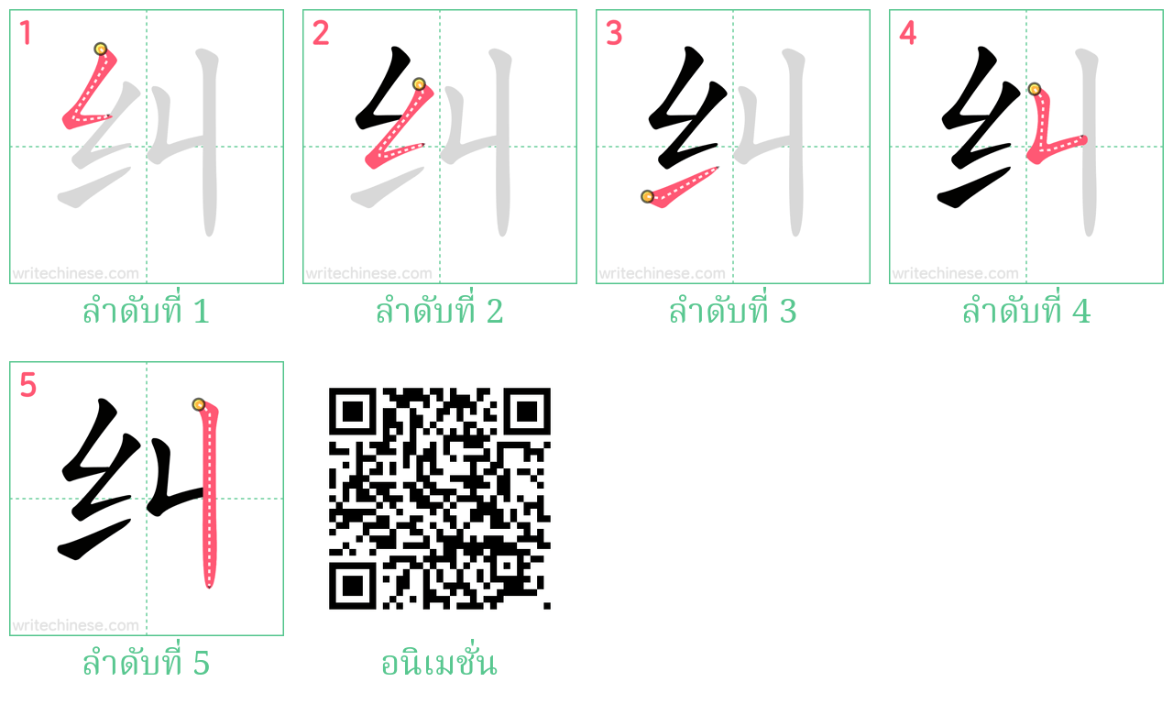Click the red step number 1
click(x=26, y=34)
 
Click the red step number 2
click(x=320, y=34)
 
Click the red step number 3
click(x=613, y=34)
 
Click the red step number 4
click(x=907, y=34)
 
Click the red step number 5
click(x=27, y=386)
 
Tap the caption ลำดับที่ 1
click(x=146, y=313)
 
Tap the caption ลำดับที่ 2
click(x=439, y=313)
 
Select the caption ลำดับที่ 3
click(x=732, y=313)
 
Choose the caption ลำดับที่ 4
click(x=1025, y=313)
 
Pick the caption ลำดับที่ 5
click(x=146, y=663)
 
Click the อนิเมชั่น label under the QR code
click(x=439, y=663)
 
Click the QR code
click(x=439, y=499)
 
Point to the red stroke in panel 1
click(x=92, y=92)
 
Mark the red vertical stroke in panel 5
click(x=209, y=495)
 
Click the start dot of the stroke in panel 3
click(x=647, y=196)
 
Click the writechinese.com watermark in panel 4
click(x=955, y=273)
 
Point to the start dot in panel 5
click(x=198, y=404)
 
